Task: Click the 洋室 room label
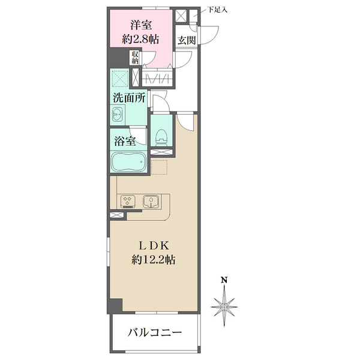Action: pyautogui.click(x=141, y=25)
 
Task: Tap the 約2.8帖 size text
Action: pyautogui.click(x=140, y=40)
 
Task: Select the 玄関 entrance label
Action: pyautogui.click(x=187, y=41)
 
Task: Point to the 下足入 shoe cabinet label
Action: pyautogui.click(x=217, y=10)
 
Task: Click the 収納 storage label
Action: pyautogui.click(x=135, y=58)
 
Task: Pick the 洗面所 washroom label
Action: pyautogui.click(x=129, y=98)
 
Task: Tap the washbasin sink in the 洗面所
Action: pyautogui.click(x=118, y=114)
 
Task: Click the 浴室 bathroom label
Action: pyautogui.click(x=125, y=141)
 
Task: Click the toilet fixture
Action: pyautogui.click(x=161, y=137)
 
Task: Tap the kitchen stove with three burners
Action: pyautogui.click(x=128, y=202)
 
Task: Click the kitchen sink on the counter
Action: pyautogui.click(x=151, y=202)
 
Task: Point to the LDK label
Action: pyautogui.click(x=154, y=246)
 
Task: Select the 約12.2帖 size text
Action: pyautogui.click(x=154, y=260)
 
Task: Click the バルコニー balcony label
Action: pyautogui.click(x=155, y=332)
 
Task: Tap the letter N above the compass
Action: pyautogui.click(x=224, y=280)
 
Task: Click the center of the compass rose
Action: pyautogui.click(x=224, y=307)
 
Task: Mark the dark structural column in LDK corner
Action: pyautogui.click(x=116, y=305)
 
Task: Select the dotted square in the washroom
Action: pyautogui.click(x=119, y=79)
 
